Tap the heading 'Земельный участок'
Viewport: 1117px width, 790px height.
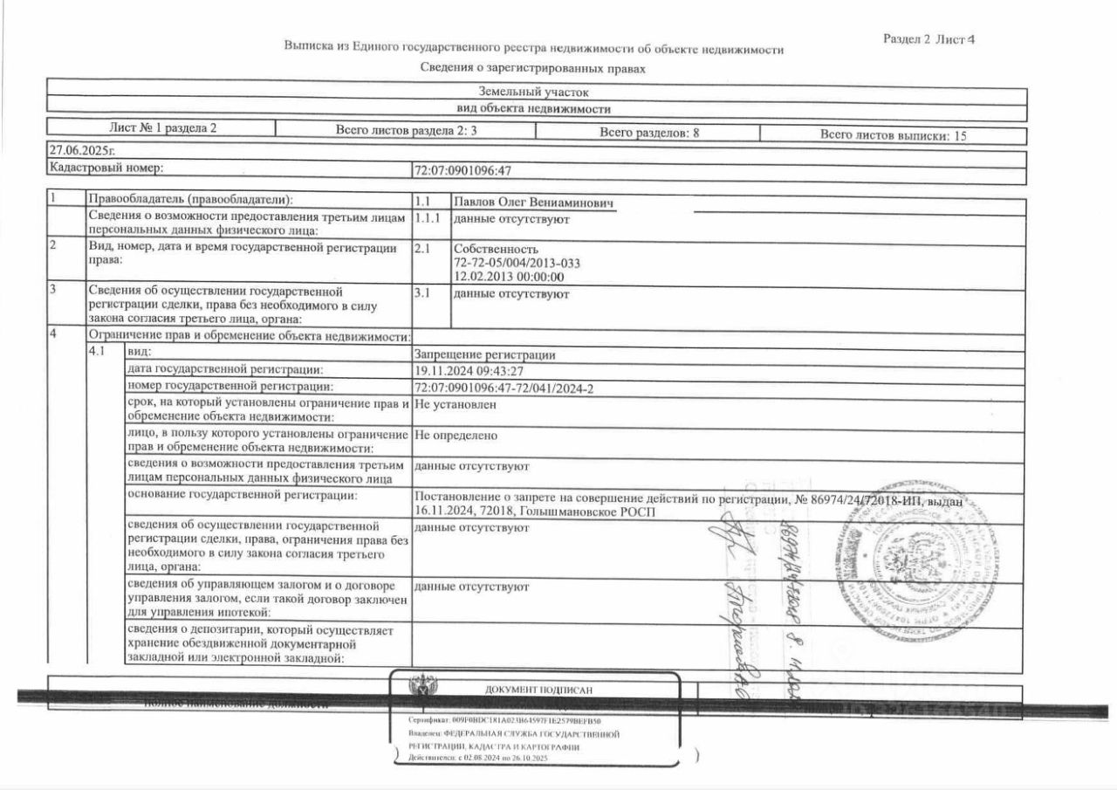coord(535,91)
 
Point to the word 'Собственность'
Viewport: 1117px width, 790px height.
coord(490,249)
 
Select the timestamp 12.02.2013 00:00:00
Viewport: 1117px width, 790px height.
coord(509,277)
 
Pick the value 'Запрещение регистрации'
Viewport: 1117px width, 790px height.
coord(485,354)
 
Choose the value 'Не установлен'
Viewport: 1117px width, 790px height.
coord(456,405)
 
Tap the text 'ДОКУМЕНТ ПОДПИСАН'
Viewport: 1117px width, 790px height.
coord(538,690)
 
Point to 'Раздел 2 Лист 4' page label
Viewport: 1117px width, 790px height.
coord(929,39)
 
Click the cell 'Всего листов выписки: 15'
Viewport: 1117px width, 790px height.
coord(893,135)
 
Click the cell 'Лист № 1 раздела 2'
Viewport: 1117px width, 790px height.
coord(163,127)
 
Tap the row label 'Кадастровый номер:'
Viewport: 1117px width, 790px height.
coord(106,168)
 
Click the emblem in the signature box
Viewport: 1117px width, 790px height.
coord(424,685)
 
